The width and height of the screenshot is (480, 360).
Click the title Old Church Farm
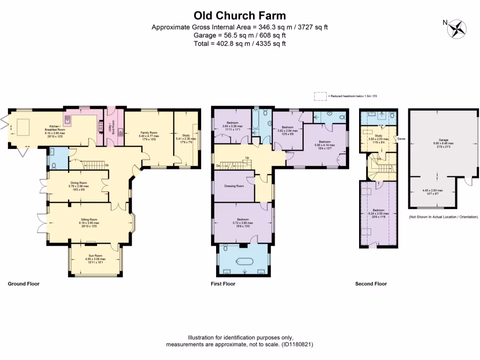[x=240, y=15]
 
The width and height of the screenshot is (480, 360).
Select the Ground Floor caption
[x=23, y=284]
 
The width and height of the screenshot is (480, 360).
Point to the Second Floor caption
[x=371, y=284]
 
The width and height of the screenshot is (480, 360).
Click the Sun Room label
[x=95, y=257]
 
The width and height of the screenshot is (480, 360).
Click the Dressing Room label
[x=234, y=186]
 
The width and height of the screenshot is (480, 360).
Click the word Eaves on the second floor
[x=401, y=139]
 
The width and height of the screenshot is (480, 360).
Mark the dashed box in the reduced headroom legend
[x=320, y=96]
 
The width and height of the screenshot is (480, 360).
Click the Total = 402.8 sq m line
[x=240, y=44]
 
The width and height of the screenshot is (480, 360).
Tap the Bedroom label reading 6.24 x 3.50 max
[x=378, y=212]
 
